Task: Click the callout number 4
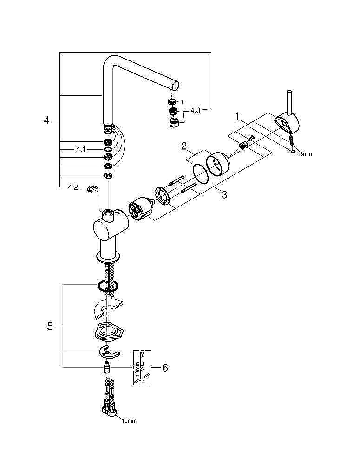46,120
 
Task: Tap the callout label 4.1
81,149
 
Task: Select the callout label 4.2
72,187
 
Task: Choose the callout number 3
224,194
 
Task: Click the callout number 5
50,326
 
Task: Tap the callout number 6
164,368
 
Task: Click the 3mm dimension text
306,153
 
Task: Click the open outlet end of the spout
175,86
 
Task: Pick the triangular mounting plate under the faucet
108,332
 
